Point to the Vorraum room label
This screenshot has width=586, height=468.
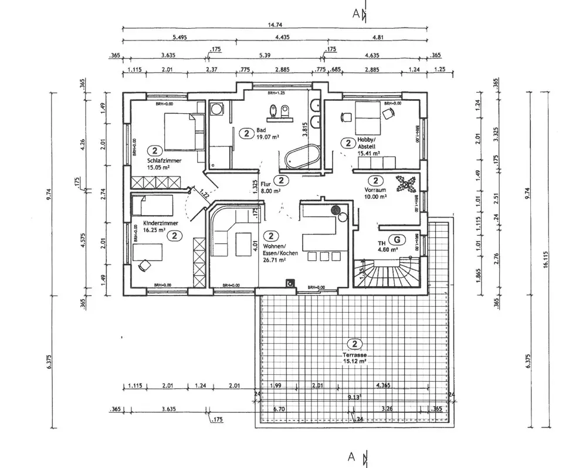tap(375, 192)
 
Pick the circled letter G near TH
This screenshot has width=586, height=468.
tap(398, 239)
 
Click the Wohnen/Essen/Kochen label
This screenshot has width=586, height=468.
tap(281, 249)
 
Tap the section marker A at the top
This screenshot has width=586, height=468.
tap(356, 15)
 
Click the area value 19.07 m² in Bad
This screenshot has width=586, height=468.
tap(267, 137)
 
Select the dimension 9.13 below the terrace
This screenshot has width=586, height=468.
tap(353, 398)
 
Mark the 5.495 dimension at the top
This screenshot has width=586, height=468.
tap(179, 38)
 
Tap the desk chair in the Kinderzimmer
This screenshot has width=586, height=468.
tap(143, 265)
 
